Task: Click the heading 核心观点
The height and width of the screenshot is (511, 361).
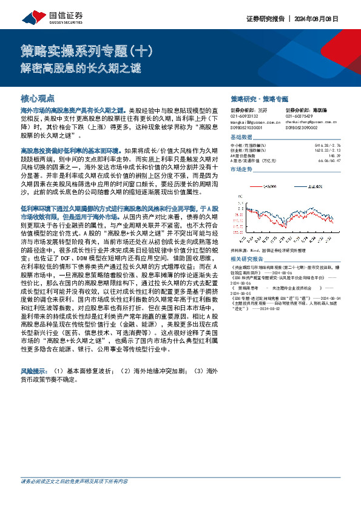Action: click(x=38, y=98)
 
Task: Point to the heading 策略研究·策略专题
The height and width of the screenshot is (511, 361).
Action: click(x=259, y=98)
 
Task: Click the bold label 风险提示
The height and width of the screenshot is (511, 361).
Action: click(x=35, y=370)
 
